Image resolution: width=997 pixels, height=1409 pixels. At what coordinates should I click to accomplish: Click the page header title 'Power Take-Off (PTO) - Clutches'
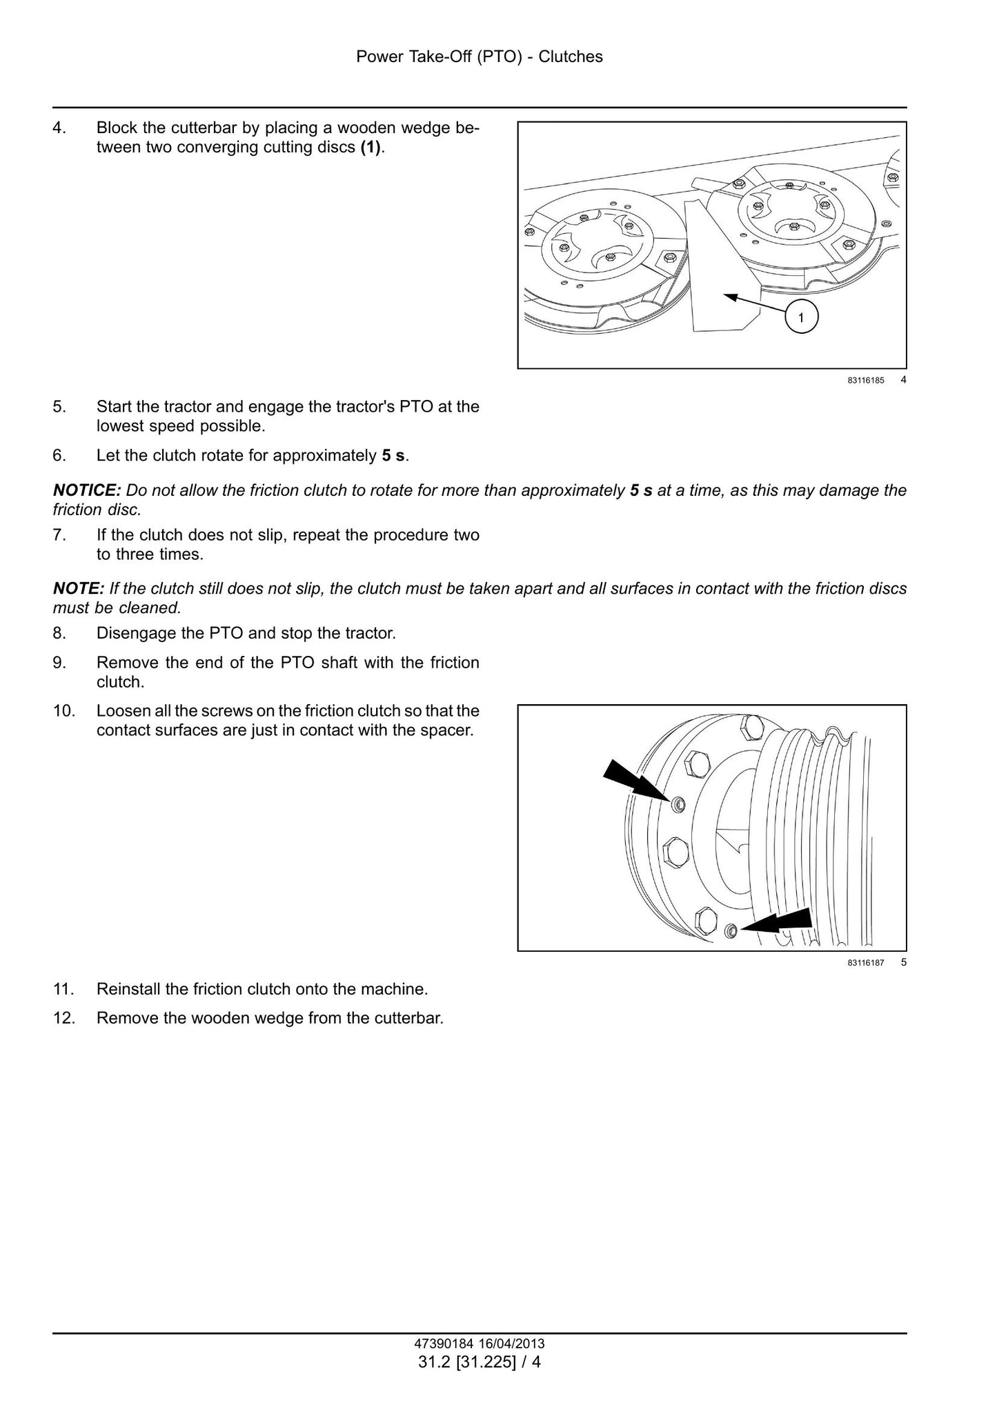480,57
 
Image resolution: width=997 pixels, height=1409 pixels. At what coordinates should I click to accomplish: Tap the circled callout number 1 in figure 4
800,318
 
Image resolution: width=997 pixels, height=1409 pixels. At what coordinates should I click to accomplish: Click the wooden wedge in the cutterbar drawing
721,269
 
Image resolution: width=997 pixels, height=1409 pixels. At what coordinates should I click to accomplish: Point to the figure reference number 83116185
866,380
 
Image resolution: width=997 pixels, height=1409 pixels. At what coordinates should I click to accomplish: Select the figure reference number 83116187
866,963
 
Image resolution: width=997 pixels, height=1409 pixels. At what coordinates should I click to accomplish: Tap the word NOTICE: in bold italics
87,490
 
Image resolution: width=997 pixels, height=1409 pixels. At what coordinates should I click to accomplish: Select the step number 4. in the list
59,128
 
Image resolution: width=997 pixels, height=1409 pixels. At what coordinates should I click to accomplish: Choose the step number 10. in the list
63,711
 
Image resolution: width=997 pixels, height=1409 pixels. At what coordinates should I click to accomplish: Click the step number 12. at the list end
63,1018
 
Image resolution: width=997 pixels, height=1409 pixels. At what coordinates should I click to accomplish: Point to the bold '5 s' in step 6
394,456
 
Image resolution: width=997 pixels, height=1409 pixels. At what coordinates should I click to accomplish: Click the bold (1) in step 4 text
371,148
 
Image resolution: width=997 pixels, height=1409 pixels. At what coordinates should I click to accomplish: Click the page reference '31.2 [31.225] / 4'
480,1362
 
